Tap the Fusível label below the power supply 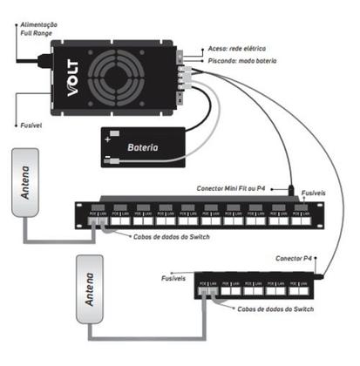point(32,125)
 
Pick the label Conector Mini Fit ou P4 point(231,188)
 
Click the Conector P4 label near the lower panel point(295,259)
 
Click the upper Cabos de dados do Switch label point(169,235)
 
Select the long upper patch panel point(200,213)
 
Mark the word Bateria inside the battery point(143,147)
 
